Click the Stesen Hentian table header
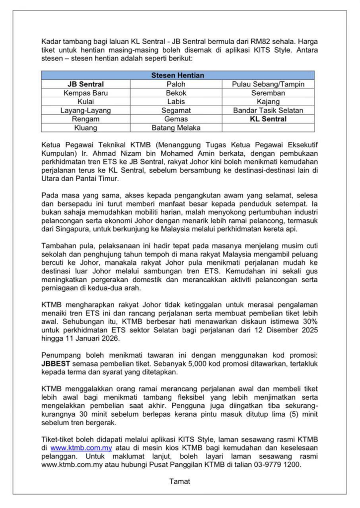(177, 75)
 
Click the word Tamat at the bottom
(179, 481)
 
